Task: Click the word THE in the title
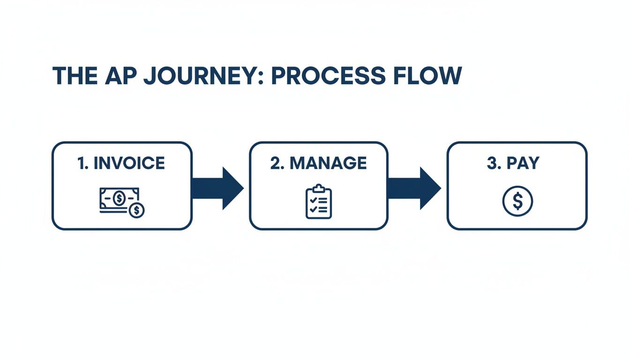(75, 76)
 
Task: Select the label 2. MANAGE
(319, 163)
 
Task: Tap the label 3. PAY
(513, 163)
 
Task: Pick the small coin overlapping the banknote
(137, 210)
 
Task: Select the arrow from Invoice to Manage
(217, 188)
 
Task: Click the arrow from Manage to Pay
(414, 188)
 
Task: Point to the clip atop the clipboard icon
(319, 187)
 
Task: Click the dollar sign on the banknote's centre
(119, 198)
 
